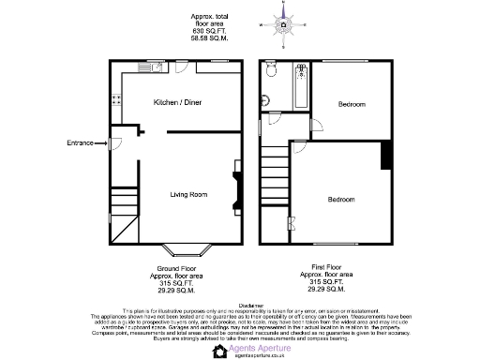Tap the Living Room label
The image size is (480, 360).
click(187, 194)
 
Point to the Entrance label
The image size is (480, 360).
click(81, 142)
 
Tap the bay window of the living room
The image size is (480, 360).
click(187, 250)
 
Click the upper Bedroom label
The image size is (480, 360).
click(352, 103)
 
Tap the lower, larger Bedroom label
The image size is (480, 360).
click(341, 200)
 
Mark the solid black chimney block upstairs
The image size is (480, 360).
click(384, 156)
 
